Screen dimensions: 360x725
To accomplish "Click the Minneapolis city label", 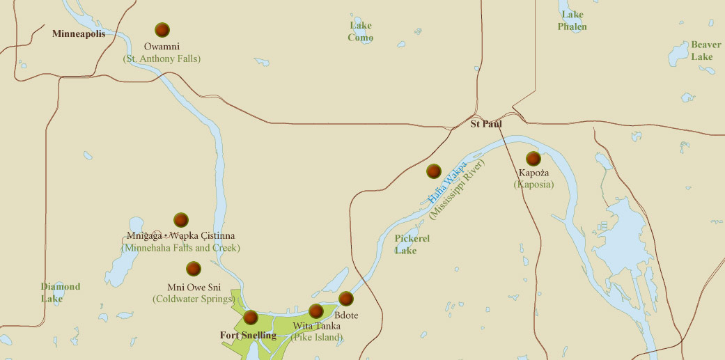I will point(79,33).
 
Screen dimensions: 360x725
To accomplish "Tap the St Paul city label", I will point(486,125).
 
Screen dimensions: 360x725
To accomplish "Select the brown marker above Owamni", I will point(162,30).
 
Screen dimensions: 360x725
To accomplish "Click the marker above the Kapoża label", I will point(533,159).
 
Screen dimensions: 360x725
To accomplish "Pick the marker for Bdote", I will point(346,299).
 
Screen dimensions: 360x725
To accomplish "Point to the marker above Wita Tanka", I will point(316,311).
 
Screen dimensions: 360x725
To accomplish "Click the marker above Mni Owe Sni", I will point(194,269).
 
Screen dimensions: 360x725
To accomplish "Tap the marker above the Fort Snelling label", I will point(251,318).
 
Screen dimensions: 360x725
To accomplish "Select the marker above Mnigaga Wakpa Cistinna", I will point(181,220).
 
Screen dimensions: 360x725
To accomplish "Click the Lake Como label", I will point(361,31).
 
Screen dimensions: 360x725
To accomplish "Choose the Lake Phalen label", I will point(572,21).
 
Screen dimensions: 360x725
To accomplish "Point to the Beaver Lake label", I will point(705,50).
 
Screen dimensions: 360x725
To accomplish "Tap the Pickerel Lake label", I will point(412,244).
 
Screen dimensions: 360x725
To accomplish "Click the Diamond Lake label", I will point(60,292).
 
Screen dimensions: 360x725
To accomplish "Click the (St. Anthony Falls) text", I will point(162,59).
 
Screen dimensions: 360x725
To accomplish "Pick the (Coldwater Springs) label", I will point(193,299).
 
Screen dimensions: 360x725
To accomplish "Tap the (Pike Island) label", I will point(317,338).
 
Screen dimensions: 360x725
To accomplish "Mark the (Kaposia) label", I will point(534,185).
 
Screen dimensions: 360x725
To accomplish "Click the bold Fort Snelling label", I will point(248,336).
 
